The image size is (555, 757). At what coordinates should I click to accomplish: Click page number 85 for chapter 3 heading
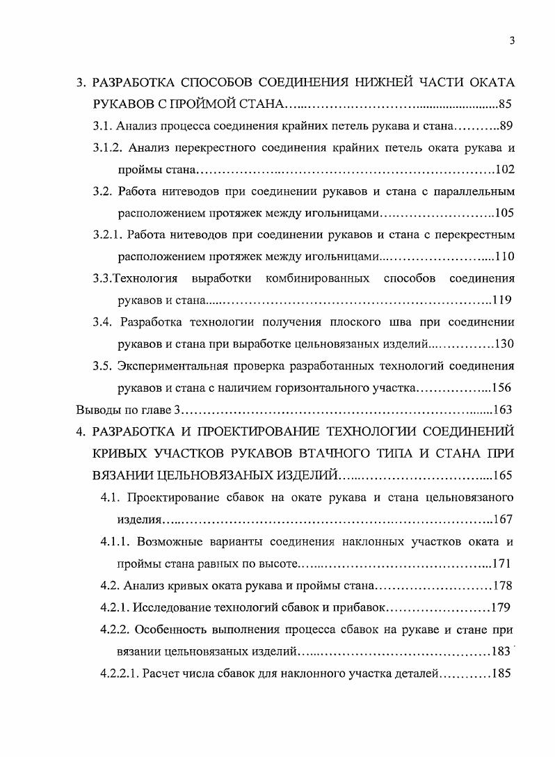(506, 105)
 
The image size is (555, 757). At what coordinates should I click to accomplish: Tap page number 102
(504, 169)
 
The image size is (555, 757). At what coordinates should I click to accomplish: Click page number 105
(504, 213)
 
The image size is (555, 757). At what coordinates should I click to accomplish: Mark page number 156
(502, 388)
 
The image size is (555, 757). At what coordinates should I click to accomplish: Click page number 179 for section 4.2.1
(501, 607)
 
